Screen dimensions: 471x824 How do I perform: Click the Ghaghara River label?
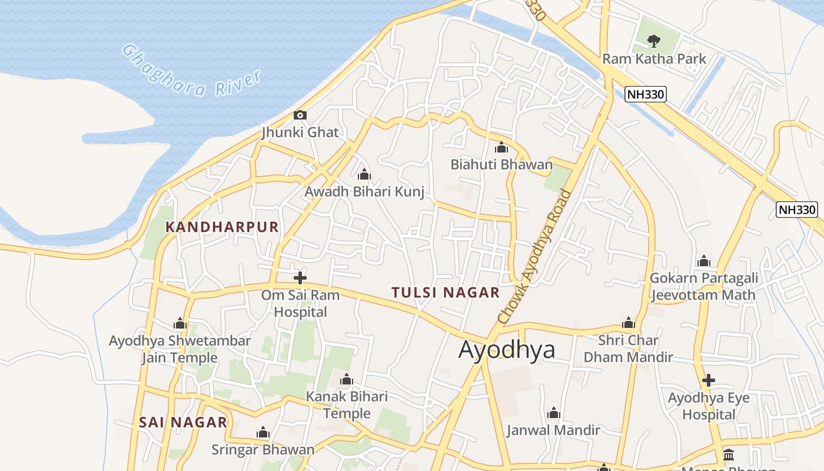point(191,72)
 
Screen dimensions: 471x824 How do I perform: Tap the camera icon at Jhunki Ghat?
point(300,115)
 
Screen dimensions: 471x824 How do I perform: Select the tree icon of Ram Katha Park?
point(653,41)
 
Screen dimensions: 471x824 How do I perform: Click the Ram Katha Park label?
point(654,59)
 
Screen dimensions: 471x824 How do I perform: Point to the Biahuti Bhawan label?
point(501,164)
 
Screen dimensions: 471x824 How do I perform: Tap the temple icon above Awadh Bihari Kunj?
point(364,174)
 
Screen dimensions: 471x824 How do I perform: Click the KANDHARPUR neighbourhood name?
point(222,227)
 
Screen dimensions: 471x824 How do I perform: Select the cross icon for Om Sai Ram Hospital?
point(300,277)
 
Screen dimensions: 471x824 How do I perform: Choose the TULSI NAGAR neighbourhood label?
point(446,292)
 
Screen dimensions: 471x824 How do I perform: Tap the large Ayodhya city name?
point(507,349)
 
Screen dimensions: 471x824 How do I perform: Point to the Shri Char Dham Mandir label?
point(628,349)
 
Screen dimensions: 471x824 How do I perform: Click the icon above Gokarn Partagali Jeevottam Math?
point(703,261)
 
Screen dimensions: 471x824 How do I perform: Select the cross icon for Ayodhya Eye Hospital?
point(709,380)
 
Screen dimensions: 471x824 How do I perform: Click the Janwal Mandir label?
point(553,430)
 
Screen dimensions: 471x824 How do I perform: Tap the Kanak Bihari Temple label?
point(347,405)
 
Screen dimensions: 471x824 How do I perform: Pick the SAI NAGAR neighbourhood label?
point(183,422)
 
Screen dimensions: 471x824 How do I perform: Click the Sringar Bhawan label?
point(263,450)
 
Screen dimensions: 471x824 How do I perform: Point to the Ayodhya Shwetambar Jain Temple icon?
point(180,323)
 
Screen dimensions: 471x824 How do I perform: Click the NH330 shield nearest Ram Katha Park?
point(646,94)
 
